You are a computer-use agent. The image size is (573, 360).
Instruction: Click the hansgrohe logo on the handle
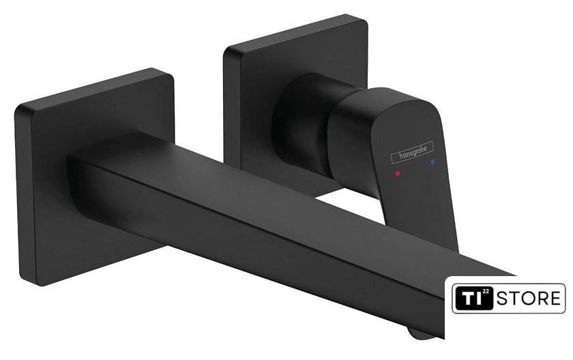(x=412, y=151)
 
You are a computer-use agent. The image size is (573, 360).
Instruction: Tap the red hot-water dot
(x=398, y=173)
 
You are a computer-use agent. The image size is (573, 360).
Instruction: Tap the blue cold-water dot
(x=433, y=162)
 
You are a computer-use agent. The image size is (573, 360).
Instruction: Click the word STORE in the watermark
(x=529, y=299)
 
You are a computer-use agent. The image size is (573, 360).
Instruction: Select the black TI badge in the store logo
(x=473, y=299)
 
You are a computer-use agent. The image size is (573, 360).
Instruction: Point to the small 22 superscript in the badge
(x=486, y=291)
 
